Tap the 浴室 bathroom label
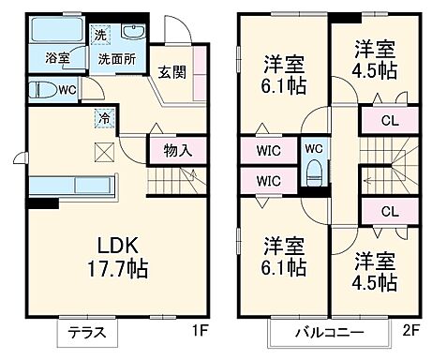coord(55,58)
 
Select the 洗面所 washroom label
coord(117,58)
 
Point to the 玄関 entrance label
coord(171,73)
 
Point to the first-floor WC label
coord(67,91)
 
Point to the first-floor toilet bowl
coord(40,91)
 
